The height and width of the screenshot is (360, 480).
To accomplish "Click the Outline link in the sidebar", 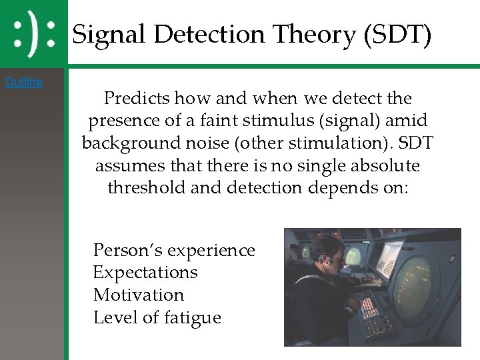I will click(23, 82).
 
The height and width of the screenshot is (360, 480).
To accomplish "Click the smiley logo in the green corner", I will click(34, 33).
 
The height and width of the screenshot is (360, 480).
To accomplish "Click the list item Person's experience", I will click(174, 250).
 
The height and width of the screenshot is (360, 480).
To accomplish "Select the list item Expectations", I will click(145, 273).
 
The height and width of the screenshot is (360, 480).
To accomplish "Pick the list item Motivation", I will click(139, 295).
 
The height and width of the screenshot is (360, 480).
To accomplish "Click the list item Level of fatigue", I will click(157, 317).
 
